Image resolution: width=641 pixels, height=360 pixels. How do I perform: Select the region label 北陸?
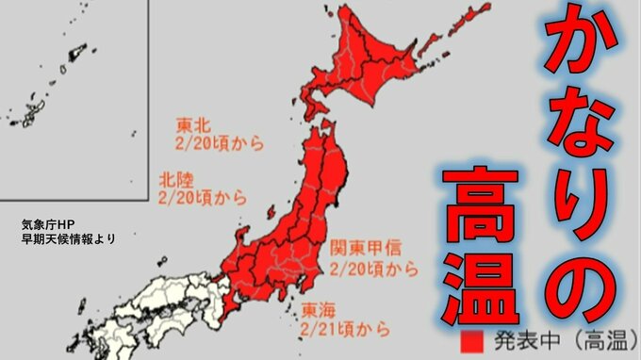pos(174,178)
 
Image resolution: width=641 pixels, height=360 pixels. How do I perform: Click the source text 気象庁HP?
pos(53,225)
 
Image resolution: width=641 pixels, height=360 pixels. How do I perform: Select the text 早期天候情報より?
pos(68,239)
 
